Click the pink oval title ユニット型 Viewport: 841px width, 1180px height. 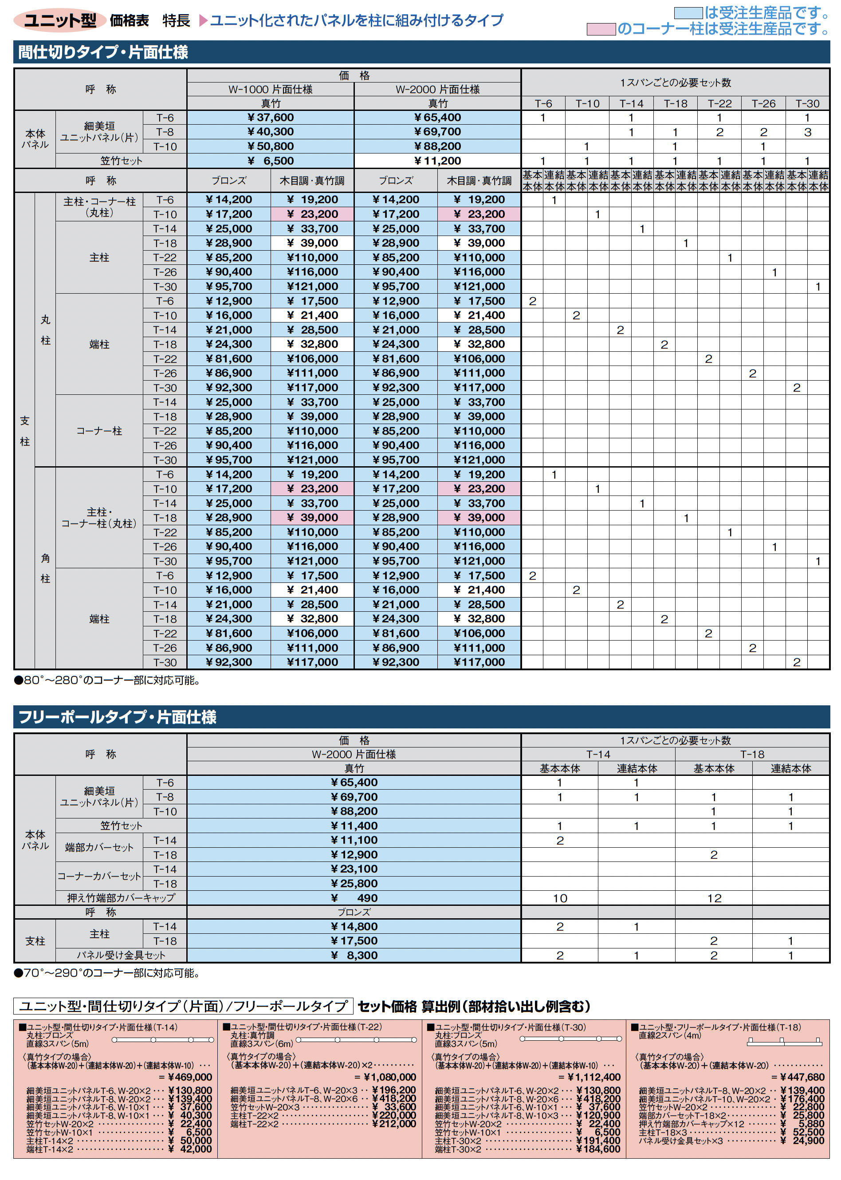[x=59, y=20]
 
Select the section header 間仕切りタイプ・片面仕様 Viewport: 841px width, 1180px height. [x=103, y=52]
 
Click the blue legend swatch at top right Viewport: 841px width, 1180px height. [x=688, y=12]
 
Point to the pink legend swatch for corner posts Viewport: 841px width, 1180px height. [x=601, y=29]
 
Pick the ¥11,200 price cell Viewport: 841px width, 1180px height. [x=438, y=161]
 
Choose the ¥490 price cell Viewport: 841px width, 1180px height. [x=354, y=898]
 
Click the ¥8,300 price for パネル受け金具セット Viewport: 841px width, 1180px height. [x=354, y=955]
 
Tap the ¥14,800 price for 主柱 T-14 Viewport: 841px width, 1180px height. [x=354, y=926]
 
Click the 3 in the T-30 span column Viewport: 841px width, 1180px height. [x=807, y=132]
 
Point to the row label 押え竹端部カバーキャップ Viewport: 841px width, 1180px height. [x=121, y=898]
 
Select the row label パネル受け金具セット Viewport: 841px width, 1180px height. [x=121, y=955]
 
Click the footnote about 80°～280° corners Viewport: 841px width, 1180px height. [x=107, y=680]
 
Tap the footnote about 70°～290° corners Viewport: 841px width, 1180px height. [x=107, y=973]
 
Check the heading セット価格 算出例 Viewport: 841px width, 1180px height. [x=473, y=1007]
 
